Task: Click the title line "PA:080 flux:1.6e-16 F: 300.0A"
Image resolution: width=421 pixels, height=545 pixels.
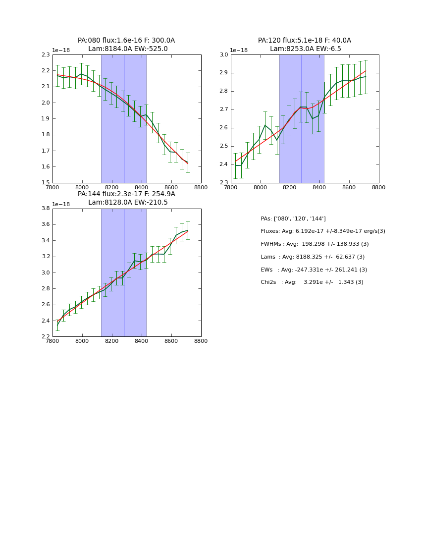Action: pos(126,41)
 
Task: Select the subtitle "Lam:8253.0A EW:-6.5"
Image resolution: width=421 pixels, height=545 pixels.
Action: pos(305,49)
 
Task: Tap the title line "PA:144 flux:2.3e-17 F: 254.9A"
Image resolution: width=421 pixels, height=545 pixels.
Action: pos(126,194)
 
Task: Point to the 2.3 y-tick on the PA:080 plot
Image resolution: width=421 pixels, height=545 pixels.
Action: pos(45,55)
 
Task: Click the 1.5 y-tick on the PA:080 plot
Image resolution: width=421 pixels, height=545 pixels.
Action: pos(45,183)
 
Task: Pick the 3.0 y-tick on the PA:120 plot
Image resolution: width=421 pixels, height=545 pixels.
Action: pos(223,55)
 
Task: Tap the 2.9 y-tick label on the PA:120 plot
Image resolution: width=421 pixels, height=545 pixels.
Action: pos(223,73)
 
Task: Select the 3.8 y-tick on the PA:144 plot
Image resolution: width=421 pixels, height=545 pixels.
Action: pos(45,209)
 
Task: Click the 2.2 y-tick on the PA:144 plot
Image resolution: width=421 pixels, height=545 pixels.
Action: pos(45,337)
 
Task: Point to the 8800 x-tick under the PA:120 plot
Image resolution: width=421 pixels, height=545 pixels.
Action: pos(379,187)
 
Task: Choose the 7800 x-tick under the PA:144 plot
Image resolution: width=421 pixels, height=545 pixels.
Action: pos(53,341)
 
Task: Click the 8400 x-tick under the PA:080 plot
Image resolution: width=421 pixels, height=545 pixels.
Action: pos(142,187)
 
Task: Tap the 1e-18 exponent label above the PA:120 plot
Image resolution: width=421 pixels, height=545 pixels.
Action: pos(239,50)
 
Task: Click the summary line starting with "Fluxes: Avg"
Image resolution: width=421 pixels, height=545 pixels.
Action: pos(322,231)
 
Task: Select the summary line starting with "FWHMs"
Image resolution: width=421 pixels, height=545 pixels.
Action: pos(315,244)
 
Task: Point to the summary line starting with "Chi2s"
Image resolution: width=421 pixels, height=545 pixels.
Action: pos(312,282)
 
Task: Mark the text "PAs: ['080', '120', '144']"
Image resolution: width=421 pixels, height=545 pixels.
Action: pos(293,219)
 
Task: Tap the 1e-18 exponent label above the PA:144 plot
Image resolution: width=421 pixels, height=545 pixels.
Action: pos(61,204)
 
